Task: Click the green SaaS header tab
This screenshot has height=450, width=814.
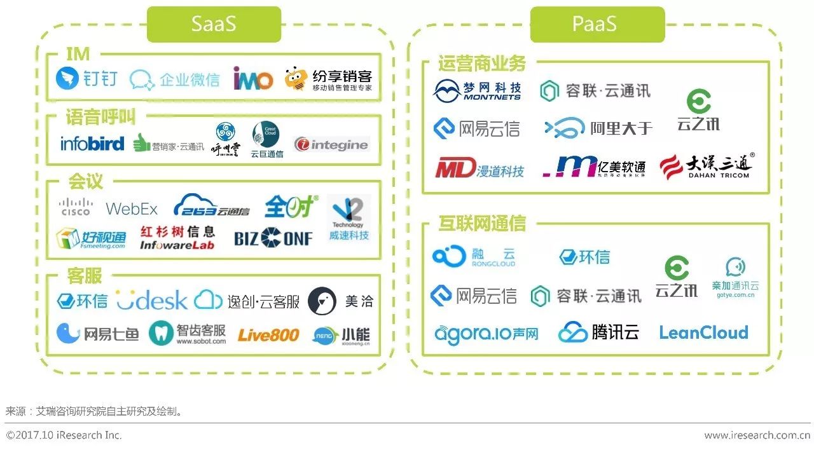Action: (x=214, y=24)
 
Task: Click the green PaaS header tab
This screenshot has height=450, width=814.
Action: (x=597, y=24)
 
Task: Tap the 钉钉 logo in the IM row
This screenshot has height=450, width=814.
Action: (x=87, y=79)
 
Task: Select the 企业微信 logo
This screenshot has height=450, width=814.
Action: (x=175, y=79)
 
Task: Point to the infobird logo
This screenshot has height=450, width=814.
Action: (x=92, y=144)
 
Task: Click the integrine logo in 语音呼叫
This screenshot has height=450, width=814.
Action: (x=331, y=145)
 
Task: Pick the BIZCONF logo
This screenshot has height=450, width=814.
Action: (x=273, y=238)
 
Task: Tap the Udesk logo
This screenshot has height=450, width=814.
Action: (x=152, y=300)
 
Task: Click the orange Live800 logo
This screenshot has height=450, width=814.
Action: (x=268, y=334)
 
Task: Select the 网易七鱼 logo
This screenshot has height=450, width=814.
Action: (x=97, y=334)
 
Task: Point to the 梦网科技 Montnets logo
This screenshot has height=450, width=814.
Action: (x=477, y=91)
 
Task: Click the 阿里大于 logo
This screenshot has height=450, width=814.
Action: (x=598, y=128)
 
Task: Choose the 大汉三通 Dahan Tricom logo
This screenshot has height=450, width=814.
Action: (x=707, y=166)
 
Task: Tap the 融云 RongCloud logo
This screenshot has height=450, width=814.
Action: (x=474, y=256)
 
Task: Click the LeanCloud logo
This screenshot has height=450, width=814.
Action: (x=703, y=332)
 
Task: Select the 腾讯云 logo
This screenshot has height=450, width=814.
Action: (x=598, y=332)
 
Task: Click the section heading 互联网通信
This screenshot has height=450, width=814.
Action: (x=481, y=223)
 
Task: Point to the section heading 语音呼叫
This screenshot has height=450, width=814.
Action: (x=100, y=116)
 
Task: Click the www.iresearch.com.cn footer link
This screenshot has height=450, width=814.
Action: (x=757, y=435)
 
